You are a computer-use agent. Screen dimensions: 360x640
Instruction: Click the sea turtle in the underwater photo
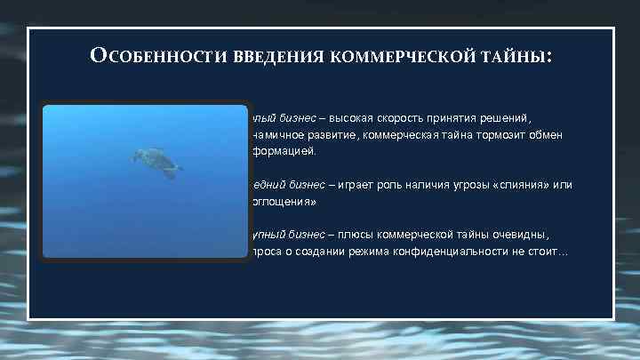[156, 162]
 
